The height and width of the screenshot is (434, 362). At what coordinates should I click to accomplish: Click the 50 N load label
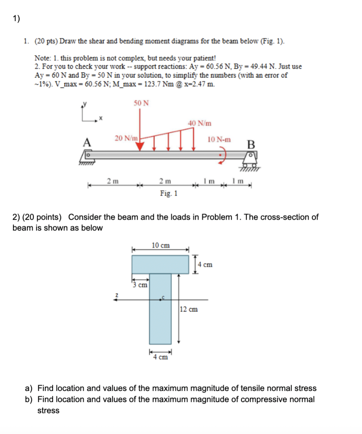pyautogui.click(x=142, y=103)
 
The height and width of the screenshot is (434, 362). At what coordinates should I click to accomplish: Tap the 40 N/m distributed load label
pyautogui.click(x=199, y=123)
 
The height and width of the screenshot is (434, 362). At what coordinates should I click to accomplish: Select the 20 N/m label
pyautogui.click(x=126, y=138)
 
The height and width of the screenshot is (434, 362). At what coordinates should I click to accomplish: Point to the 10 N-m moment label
pyautogui.click(x=219, y=140)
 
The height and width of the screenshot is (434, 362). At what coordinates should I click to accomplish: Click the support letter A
pyautogui.click(x=87, y=142)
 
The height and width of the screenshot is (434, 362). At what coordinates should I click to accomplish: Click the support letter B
pyautogui.click(x=251, y=145)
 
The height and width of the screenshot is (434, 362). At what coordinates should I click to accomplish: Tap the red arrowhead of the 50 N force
pyautogui.click(x=140, y=146)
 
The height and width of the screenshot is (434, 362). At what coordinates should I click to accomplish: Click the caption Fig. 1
pyautogui.click(x=169, y=193)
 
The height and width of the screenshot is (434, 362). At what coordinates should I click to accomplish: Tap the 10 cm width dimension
pyautogui.click(x=161, y=245)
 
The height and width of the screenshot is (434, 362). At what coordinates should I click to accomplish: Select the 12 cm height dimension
pyautogui.click(x=189, y=309)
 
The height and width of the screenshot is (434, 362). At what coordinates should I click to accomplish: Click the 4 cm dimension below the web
pyautogui.click(x=160, y=357)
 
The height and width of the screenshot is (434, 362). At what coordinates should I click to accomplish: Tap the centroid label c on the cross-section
pyautogui.click(x=164, y=297)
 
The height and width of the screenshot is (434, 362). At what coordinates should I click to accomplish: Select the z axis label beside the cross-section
pyautogui.click(x=114, y=294)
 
